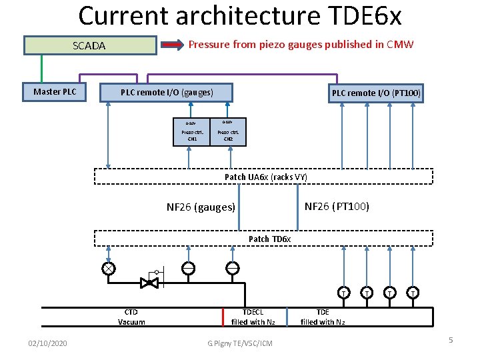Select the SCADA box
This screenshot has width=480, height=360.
pos(90,45)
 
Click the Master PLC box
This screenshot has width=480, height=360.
pos(55,91)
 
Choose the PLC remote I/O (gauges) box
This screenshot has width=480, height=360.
pos(167,93)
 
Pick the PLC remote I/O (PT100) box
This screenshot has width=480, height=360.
pos(376,93)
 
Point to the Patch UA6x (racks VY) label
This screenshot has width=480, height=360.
pos(265,177)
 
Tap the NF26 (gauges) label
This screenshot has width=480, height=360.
pos(201,207)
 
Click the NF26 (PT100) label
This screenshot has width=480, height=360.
pos(337,206)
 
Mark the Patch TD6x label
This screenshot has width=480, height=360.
pos(269,239)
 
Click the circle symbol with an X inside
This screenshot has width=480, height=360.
pos(108,269)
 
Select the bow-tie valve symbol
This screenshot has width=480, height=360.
pos(148,283)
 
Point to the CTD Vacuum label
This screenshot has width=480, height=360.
pos(131,317)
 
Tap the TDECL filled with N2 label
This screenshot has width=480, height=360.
pos(253,317)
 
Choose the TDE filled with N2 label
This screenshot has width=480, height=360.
pos(323,317)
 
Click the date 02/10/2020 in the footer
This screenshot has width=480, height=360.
pos(47,343)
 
